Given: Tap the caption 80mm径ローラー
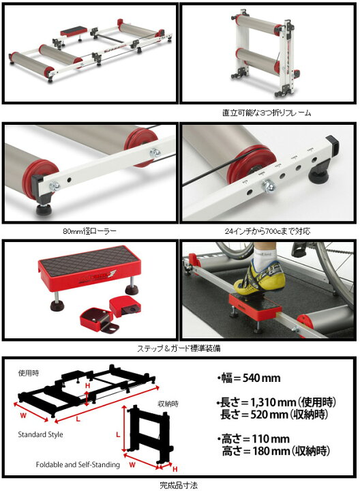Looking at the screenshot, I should (x=89, y=230).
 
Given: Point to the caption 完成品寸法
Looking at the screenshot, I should (x=179, y=483).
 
